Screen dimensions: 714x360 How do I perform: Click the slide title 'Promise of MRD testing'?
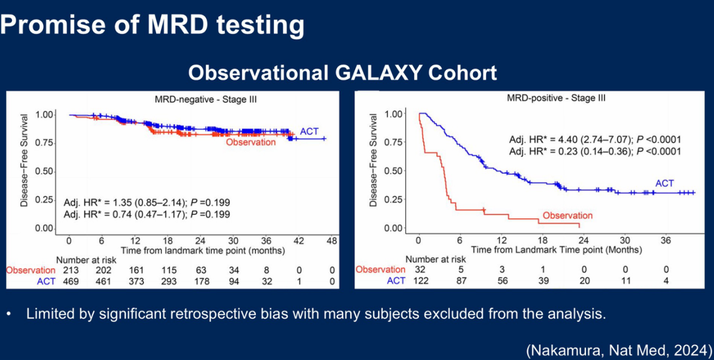click(x=152, y=25)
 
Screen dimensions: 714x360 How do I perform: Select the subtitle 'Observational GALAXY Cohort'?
click(x=342, y=73)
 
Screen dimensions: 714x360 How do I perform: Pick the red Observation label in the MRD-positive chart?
click(x=567, y=215)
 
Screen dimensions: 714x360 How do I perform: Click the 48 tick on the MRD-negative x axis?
click(x=331, y=241)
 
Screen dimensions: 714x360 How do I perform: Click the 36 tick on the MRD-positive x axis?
click(x=666, y=240)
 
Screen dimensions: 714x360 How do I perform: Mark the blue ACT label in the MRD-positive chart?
click(x=664, y=183)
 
